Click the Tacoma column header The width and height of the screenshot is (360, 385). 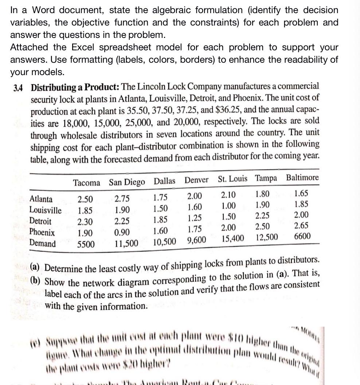click(86, 182)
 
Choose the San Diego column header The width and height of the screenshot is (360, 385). click(127, 182)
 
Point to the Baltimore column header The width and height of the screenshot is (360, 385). click(302, 178)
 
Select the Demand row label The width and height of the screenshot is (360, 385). click(43, 244)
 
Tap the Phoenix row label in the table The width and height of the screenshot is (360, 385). click(42, 233)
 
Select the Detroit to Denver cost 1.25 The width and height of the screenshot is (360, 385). click(195, 219)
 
